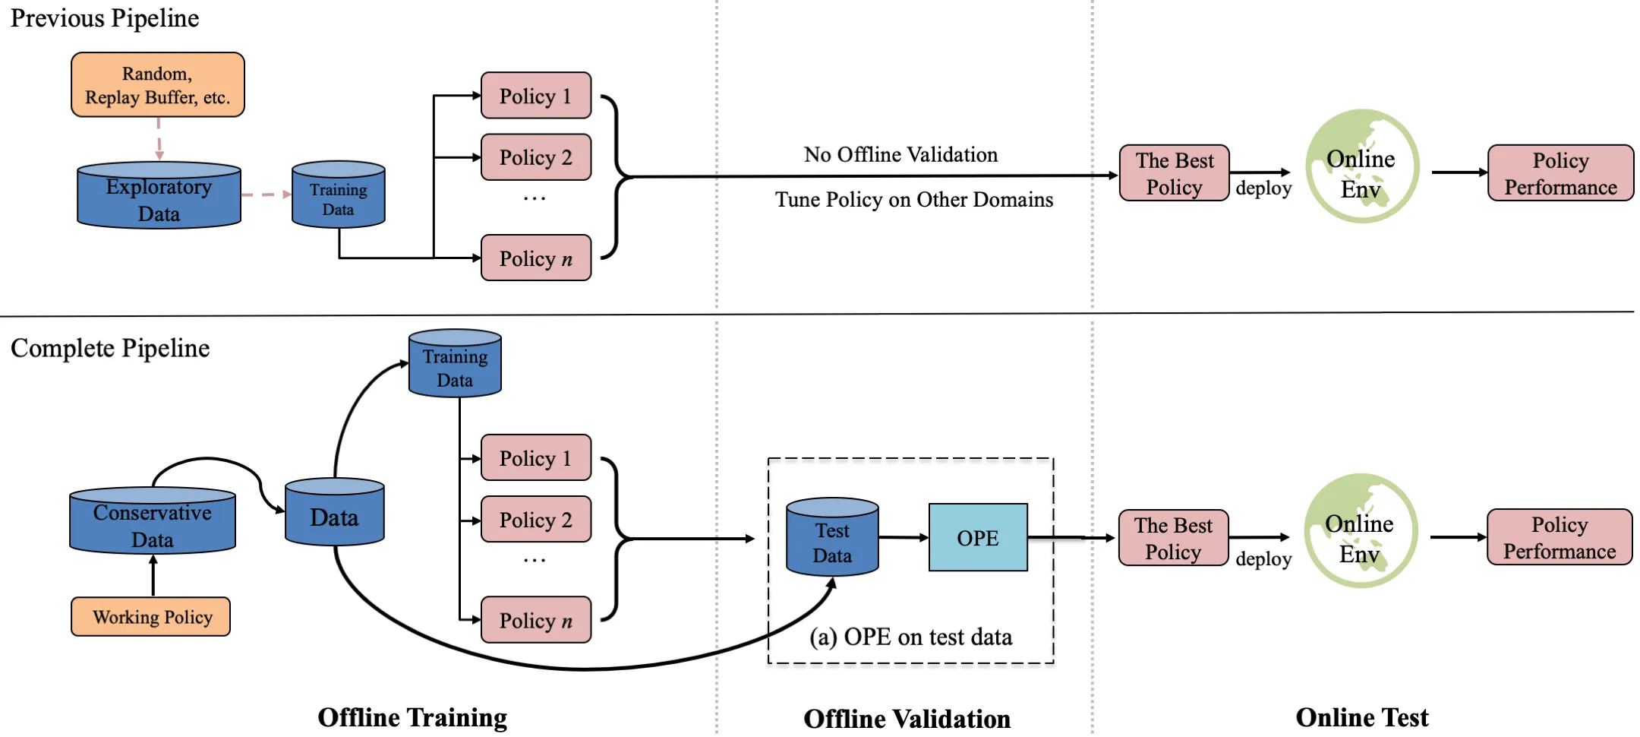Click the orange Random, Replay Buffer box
(158, 85)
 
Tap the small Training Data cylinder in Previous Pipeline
(339, 196)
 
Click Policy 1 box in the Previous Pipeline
(536, 96)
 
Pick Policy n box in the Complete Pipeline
(536, 620)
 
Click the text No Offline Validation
(900, 154)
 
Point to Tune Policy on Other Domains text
(913, 200)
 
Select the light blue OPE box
(978, 538)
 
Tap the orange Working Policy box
(151, 616)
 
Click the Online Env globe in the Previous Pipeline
(1362, 167)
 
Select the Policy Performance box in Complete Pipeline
(1560, 537)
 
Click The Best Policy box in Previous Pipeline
(1174, 173)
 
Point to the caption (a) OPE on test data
(910, 637)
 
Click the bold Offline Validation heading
(907, 718)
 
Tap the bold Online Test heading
(1361, 717)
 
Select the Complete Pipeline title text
(110, 348)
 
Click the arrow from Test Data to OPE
(904, 537)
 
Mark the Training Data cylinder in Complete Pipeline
(455, 365)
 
